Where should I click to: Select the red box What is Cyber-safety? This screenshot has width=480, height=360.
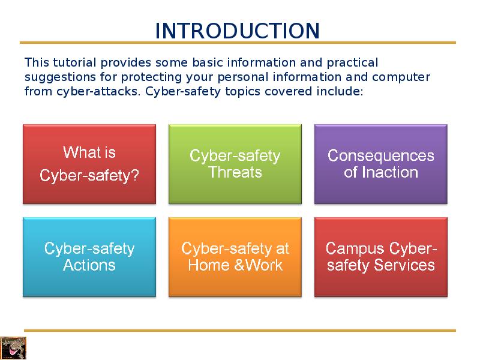point(89,164)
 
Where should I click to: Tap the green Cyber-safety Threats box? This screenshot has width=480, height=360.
point(235,164)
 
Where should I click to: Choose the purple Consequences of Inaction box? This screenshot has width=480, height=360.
point(381,164)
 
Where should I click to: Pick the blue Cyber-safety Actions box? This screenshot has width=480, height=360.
point(89,257)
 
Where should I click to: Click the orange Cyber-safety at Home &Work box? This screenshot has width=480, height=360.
point(235,257)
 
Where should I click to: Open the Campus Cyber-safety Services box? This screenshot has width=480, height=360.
point(381,257)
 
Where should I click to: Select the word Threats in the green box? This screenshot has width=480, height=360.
point(235,173)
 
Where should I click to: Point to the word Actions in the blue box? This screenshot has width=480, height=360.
point(89,265)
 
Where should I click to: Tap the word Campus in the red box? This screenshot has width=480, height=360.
point(355,248)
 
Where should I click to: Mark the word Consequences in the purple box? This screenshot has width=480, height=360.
point(381,156)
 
